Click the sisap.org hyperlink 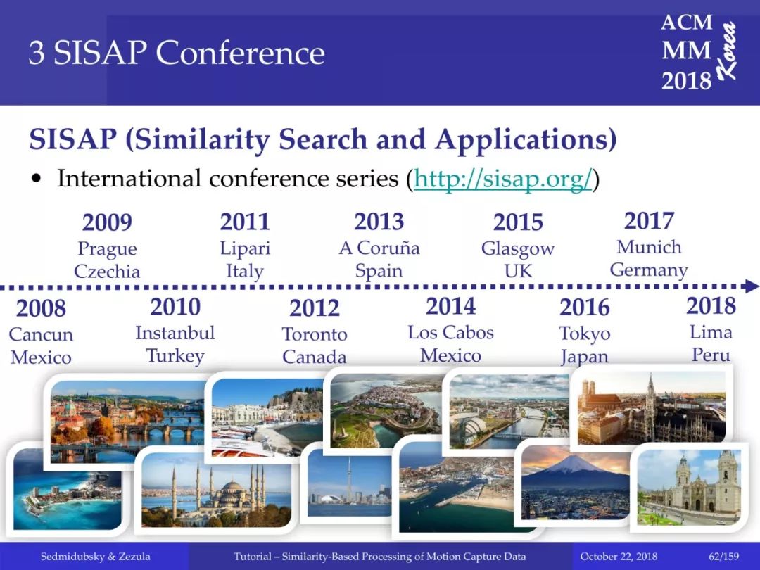point(502,179)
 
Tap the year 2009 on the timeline point(107,222)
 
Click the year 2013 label point(379,222)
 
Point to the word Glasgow point(518,249)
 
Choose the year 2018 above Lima point(711,306)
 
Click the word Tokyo point(585,334)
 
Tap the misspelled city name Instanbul point(175,332)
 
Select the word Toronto point(315,334)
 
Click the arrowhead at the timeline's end point(753,286)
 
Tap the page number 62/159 point(723,557)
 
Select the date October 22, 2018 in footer point(619,557)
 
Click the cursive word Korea point(726,51)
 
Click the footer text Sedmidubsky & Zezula point(96,557)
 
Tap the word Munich point(649,247)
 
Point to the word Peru point(711,355)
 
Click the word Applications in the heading point(526,140)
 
